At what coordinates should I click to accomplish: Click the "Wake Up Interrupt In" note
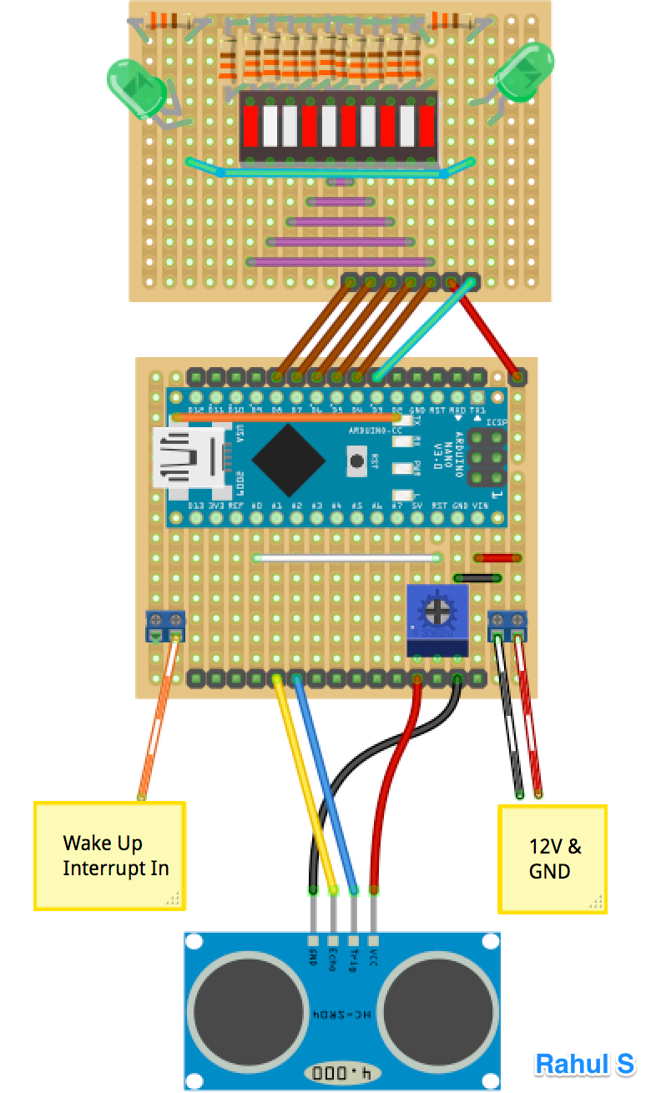[x=108, y=855]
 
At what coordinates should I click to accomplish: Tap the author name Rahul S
[x=584, y=1064]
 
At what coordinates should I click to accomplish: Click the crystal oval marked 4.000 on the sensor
[x=340, y=1072]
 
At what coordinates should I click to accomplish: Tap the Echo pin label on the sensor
[x=333, y=959]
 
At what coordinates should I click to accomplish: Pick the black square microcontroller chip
[x=289, y=460]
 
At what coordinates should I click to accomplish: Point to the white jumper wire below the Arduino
[x=349, y=557]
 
